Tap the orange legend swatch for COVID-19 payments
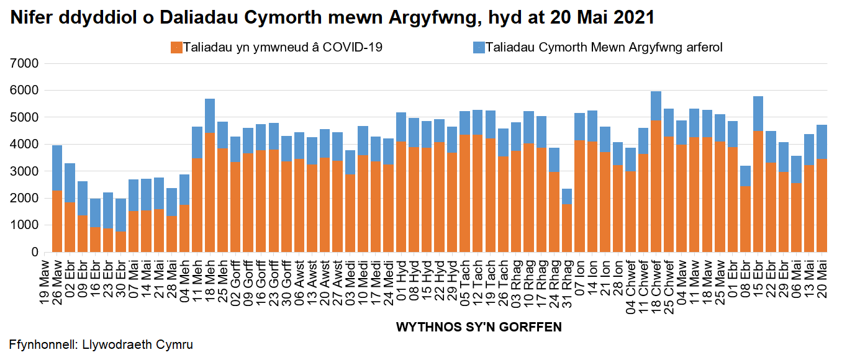click(176, 47)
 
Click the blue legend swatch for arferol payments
click(479, 47)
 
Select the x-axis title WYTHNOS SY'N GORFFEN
click(479, 327)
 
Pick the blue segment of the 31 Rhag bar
click(566, 196)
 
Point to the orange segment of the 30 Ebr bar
click(121, 242)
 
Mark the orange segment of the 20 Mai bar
click(821, 205)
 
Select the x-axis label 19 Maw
click(45, 279)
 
